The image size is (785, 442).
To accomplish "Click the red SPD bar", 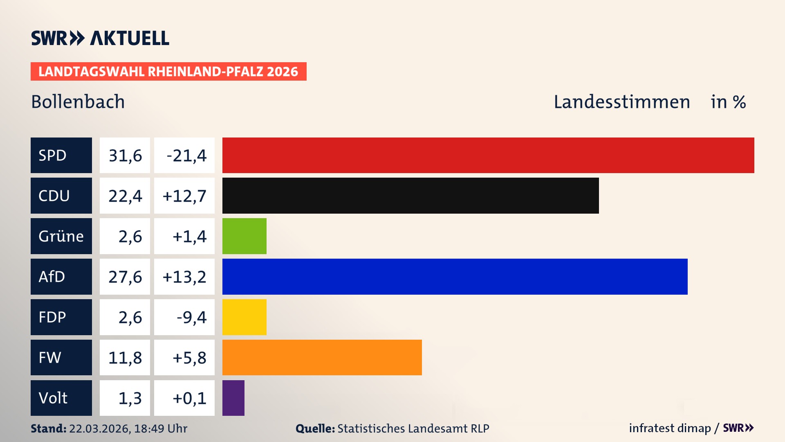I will [488, 155].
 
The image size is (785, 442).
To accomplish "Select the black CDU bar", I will [410, 196].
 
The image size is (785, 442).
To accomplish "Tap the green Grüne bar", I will [244, 236].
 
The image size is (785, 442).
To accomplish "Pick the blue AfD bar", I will [455, 277].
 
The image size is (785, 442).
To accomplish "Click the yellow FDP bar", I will [244, 317].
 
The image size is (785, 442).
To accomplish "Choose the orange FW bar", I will [322, 357].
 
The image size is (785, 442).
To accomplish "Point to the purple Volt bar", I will [233, 398].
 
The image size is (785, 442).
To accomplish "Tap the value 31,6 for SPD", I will [125, 156].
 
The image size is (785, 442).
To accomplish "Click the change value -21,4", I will [186, 156].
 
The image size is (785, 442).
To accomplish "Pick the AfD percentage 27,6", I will [125, 277].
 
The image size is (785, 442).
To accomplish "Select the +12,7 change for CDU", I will [184, 196].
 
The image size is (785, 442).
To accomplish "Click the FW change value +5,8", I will [189, 358].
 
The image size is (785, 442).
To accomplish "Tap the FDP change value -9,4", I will [191, 317].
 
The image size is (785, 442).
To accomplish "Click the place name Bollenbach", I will [78, 101].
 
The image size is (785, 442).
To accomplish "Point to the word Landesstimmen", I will [621, 101].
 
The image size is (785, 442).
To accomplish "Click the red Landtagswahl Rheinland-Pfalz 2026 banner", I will [168, 71].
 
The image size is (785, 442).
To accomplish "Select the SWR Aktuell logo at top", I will [100, 38].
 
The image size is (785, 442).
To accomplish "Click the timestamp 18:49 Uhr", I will [160, 428].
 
